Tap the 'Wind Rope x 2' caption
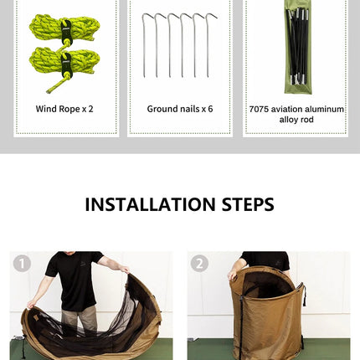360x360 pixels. pyautogui.click(x=64, y=109)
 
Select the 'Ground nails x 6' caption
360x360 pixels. pyautogui.click(x=180, y=109)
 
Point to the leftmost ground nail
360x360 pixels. pyautogui.click(x=145, y=45)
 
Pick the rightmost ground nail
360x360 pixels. pyautogui.click(x=208, y=45)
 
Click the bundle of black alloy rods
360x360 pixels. pyautogui.click(x=299, y=46)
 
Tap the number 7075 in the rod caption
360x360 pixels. pyautogui.click(x=259, y=109)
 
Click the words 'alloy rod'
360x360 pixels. pyautogui.click(x=296, y=120)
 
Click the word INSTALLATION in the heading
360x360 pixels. pyautogui.click(x=150, y=204)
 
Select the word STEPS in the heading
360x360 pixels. pyautogui.click(x=248, y=204)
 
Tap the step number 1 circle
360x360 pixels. pyautogui.click(x=22, y=263)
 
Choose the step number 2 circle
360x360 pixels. pyautogui.click(x=199, y=263)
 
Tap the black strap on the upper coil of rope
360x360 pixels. pyautogui.click(x=66, y=31)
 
